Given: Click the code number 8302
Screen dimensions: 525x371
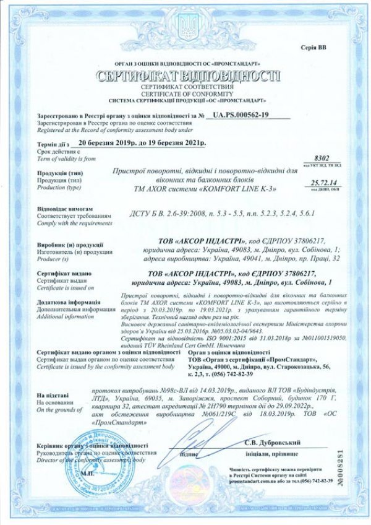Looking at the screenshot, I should point(323,159).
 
